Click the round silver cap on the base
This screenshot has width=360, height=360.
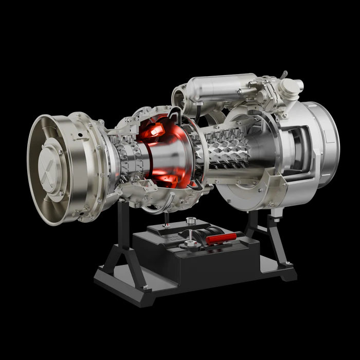click(x=192, y=221)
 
